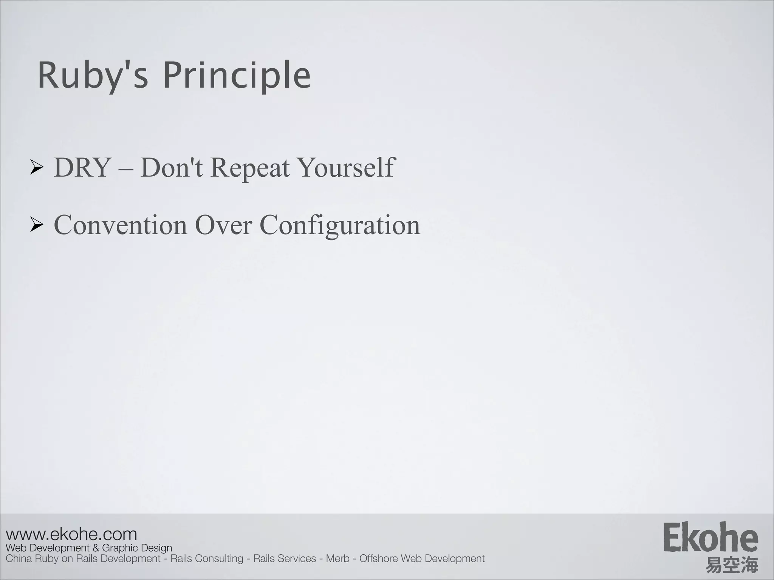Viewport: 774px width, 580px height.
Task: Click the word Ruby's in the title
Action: click(93, 76)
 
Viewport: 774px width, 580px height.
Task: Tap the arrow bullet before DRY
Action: click(37, 168)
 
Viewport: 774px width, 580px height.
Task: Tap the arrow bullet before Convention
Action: click(37, 225)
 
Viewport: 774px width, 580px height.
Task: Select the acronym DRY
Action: click(82, 167)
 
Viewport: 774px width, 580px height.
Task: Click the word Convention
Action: click(120, 225)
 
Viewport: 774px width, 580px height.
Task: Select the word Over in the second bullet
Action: click(223, 225)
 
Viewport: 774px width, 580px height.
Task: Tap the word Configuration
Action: click(339, 225)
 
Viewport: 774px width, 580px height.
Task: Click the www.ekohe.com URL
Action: click(71, 534)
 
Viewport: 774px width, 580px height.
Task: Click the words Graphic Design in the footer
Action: click(137, 548)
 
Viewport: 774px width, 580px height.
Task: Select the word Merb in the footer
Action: click(337, 558)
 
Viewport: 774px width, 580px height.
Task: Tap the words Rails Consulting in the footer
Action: click(207, 558)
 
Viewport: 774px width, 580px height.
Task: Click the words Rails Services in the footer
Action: click(284, 558)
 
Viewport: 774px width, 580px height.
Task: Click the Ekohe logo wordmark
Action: click(710, 537)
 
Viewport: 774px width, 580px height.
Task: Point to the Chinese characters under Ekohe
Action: click(731, 565)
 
